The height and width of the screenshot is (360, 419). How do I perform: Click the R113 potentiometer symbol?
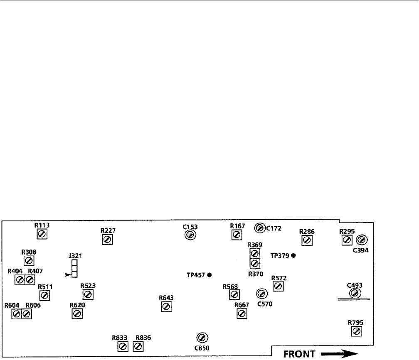[x=42, y=235]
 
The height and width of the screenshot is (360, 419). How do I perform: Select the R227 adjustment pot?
[x=107, y=240]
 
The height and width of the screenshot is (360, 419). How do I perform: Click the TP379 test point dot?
[x=293, y=255]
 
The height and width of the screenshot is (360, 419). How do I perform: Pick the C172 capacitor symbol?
[x=259, y=228]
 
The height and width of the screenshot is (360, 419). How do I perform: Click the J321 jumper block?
[x=74, y=268]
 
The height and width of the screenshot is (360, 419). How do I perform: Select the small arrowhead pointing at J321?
[x=68, y=274]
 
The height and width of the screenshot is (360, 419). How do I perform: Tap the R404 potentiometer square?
[x=19, y=280]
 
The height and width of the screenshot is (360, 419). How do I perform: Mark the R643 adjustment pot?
[x=166, y=307]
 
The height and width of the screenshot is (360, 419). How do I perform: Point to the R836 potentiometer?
[x=138, y=346]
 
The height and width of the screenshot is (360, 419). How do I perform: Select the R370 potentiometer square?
[x=255, y=263]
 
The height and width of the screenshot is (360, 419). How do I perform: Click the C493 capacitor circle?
[x=355, y=294]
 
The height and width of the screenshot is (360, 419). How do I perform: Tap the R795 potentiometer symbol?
[x=356, y=331]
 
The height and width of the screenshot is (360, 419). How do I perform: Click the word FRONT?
[x=298, y=353]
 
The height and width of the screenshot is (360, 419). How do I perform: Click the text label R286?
[x=307, y=231]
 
